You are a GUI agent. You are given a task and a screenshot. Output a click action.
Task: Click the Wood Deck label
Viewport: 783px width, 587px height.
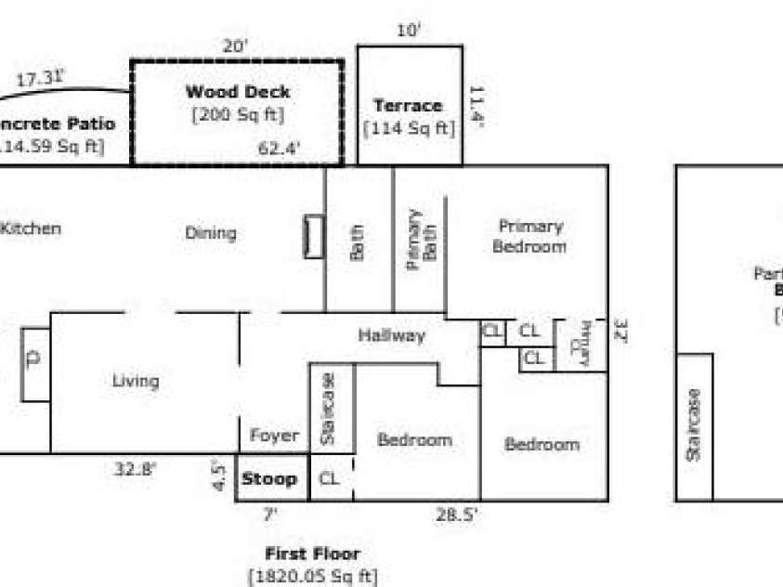click(x=237, y=92)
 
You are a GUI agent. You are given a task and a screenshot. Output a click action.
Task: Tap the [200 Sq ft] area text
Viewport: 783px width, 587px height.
click(x=237, y=115)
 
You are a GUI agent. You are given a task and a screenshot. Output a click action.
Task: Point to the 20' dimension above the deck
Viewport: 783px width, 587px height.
click(x=235, y=46)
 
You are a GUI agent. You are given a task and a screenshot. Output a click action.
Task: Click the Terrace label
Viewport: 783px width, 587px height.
click(x=407, y=106)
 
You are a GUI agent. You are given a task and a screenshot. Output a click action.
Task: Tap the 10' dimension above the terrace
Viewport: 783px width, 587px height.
click(x=409, y=31)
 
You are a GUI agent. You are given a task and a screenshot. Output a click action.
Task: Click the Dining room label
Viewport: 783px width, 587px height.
click(x=210, y=233)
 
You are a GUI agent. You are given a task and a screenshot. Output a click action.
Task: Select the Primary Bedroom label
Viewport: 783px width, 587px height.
click(x=529, y=237)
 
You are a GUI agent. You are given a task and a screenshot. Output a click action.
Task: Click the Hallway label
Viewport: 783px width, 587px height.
click(x=391, y=335)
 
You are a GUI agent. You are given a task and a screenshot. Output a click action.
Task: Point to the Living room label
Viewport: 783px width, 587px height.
click(x=136, y=381)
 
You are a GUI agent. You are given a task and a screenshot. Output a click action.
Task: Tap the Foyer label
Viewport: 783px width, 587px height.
click(x=275, y=436)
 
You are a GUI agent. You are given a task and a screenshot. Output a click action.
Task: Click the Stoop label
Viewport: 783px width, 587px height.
click(x=269, y=479)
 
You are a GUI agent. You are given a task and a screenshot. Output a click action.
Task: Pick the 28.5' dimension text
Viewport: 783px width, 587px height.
click(x=456, y=514)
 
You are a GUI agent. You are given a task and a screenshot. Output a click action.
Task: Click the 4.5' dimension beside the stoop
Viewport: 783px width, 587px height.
click(x=220, y=476)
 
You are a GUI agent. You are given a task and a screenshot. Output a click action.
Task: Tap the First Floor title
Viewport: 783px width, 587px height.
click(x=312, y=554)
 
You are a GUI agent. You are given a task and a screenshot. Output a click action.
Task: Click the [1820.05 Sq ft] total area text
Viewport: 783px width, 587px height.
click(x=312, y=577)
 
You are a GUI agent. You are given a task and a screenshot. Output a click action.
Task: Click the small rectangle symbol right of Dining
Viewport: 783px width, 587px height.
click(x=314, y=237)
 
